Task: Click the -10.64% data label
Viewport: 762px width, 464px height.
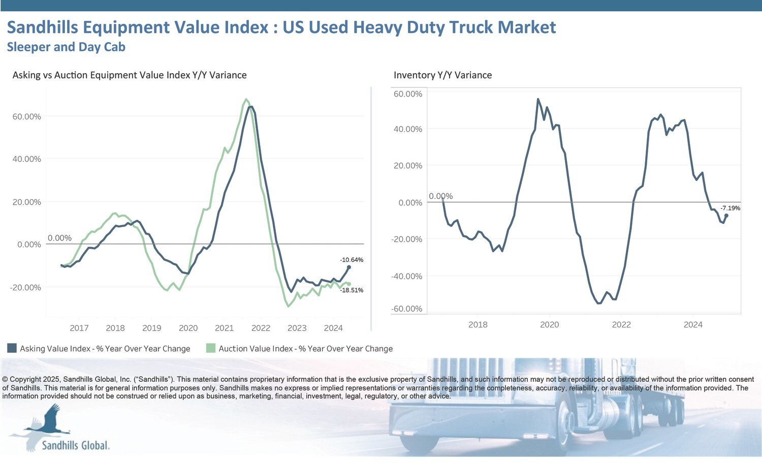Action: click(x=352, y=260)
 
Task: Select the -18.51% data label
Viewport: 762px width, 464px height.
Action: click(x=352, y=290)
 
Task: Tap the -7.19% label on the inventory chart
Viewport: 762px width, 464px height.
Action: click(x=730, y=208)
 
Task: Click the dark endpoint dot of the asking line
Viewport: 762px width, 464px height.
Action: click(x=348, y=268)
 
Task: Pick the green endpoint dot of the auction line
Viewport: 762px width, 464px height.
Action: click(x=348, y=284)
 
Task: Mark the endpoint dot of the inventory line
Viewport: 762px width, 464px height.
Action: click(x=726, y=216)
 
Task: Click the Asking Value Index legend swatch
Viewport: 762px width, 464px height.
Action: click(x=12, y=348)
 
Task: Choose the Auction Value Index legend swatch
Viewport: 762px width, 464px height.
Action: click(x=211, y=348)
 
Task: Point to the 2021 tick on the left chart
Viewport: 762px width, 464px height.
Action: click(x=224, y=328)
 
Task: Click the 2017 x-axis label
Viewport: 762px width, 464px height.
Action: click(x=79, y=328)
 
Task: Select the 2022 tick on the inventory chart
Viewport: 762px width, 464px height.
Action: click(x=621, y=324)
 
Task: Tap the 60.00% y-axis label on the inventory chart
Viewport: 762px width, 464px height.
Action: click(x=408, y=94)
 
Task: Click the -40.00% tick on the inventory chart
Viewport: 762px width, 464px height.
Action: click(x=406, y=276)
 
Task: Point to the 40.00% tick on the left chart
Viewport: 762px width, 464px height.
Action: click(x=26, y=159)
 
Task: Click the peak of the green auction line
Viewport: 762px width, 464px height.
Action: click(x=246, y=100)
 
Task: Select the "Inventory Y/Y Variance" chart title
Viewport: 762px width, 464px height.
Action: click(x=442, y=75)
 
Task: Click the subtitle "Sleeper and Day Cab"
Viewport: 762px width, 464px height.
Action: click(x=66, y=47)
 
